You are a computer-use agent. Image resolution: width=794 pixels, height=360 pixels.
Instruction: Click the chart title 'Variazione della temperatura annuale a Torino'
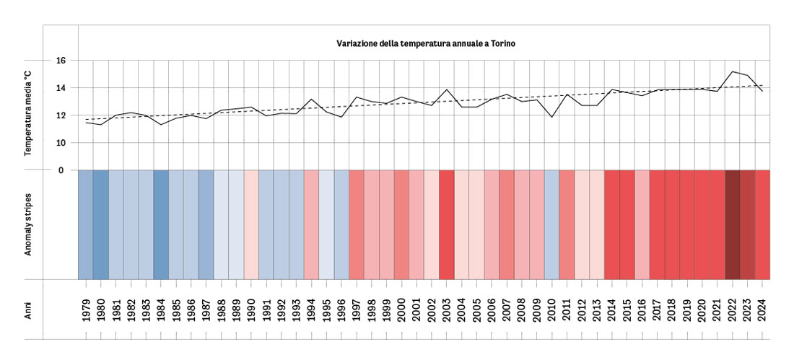(x=425, y=43)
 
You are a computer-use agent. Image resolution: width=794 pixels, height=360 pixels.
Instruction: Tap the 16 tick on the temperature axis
(x=61, y=61)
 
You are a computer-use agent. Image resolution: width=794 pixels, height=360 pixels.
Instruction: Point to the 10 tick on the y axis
(x=61, y=143)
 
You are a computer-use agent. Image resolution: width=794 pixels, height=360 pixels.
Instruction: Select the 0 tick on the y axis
(x=61, y=170)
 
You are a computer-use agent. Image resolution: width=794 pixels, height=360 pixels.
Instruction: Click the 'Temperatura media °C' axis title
(x=29, y=115)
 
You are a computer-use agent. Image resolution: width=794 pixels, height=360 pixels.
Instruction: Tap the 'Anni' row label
(x=29, y=309)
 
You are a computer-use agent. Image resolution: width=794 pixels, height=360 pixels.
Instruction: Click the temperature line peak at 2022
(x=732, y=71)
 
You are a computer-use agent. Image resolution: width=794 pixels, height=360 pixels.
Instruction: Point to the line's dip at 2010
(x=551, y=117)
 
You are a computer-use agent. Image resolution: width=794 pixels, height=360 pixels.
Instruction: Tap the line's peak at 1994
(x=311, y=99)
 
